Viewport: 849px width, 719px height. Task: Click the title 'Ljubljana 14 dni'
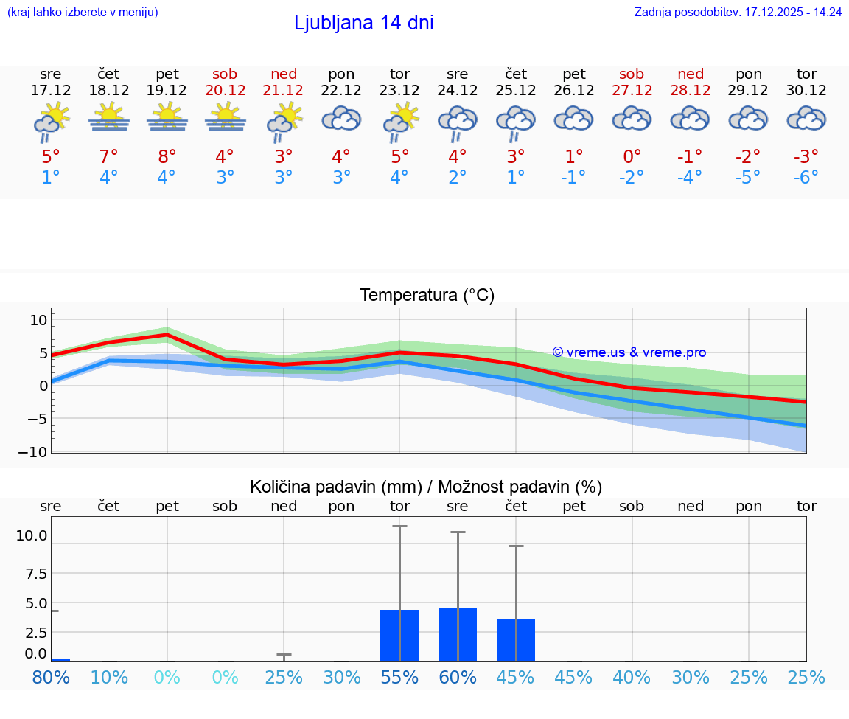(x=363, y=23)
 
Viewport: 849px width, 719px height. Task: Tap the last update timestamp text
(x=738, y=13)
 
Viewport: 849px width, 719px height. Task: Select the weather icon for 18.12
(x=109, y=118)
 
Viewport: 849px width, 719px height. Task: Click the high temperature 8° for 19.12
(x=167, y=156)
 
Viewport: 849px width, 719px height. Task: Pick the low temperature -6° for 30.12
(x=806, y=178)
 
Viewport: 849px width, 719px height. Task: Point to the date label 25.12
(x=516, y=90)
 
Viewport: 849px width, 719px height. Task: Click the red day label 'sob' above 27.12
(x=632, y=74)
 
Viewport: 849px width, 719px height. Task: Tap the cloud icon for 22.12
(x=341, y=119)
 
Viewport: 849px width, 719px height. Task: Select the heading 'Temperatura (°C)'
(x=427, y=296)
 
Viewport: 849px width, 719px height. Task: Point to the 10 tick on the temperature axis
(x=38, y=319)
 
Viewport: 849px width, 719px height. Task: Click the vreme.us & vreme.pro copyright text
(x=629, y=352)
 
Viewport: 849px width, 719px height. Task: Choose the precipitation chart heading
(x=426, y=487)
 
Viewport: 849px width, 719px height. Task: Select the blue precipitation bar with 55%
(x=399, y=636)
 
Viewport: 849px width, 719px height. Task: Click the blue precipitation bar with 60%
(x=458, y=635)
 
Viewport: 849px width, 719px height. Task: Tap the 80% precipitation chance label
(x=51, y=677)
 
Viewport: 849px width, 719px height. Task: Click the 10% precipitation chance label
(x=109, y=677)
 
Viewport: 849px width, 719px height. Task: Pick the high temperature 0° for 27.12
(x=632, y=156)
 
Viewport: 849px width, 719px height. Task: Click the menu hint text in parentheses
(x=83, y=13)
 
